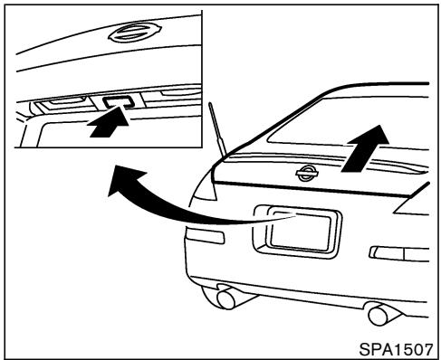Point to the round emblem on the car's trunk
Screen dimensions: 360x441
[x=308, y=174]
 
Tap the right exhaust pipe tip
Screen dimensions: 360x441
[x=379, y=316]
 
